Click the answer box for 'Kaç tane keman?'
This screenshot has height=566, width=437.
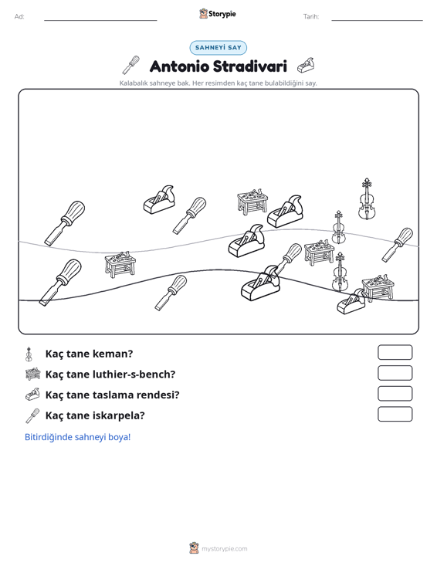point(395,352)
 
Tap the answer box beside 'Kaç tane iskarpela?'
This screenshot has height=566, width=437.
point(395,414)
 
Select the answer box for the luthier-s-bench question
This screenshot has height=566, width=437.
point(395,373)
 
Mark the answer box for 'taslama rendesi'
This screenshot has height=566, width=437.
point(395,394)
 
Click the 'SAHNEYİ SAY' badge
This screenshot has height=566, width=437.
point(218,48)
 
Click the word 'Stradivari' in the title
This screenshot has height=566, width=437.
point(249,66)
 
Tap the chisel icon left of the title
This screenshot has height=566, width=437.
point(130,65)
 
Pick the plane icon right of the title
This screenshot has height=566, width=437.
point(306,66)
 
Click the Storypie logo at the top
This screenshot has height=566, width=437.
point(217,14)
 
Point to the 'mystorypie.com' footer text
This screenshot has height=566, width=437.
point(224,549)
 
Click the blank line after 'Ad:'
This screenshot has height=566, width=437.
point(100,20)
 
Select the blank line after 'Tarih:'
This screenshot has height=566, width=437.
point(377,20)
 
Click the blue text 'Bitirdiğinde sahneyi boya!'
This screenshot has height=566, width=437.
point(77,437)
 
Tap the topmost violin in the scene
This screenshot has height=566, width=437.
point(367,199)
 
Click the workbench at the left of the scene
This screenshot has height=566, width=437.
point(120,265)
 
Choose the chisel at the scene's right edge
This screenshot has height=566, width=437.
point(398,244)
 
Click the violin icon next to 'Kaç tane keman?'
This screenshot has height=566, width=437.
point(29,354)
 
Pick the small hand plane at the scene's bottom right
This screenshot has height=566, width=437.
point(351,302)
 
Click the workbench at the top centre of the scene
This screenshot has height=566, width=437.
point(252,202)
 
